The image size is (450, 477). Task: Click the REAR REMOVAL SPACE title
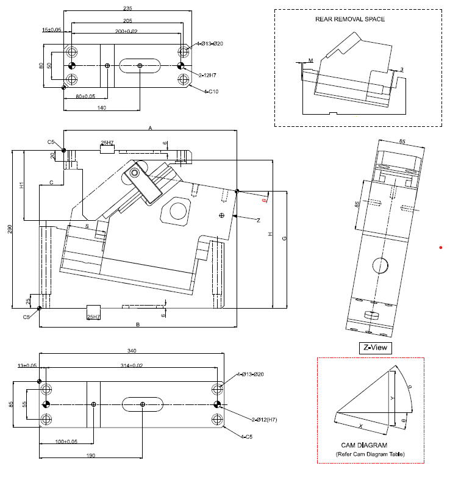click(349, 19)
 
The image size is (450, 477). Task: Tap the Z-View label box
click(375, 347)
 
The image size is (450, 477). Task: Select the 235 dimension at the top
click(127, 9)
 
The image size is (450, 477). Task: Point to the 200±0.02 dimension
click(126, 31)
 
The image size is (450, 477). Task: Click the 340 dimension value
click(132, 350)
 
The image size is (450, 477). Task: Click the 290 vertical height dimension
click(9, 229)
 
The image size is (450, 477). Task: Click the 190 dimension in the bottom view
click(90, 455)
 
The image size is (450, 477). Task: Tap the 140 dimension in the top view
click(101, 107)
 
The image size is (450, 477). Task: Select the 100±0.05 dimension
click(66, 442)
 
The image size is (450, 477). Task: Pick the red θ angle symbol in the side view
click(263, 199)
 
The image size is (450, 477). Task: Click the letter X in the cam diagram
click(360, 426)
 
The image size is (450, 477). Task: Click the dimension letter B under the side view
click(138, 325)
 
